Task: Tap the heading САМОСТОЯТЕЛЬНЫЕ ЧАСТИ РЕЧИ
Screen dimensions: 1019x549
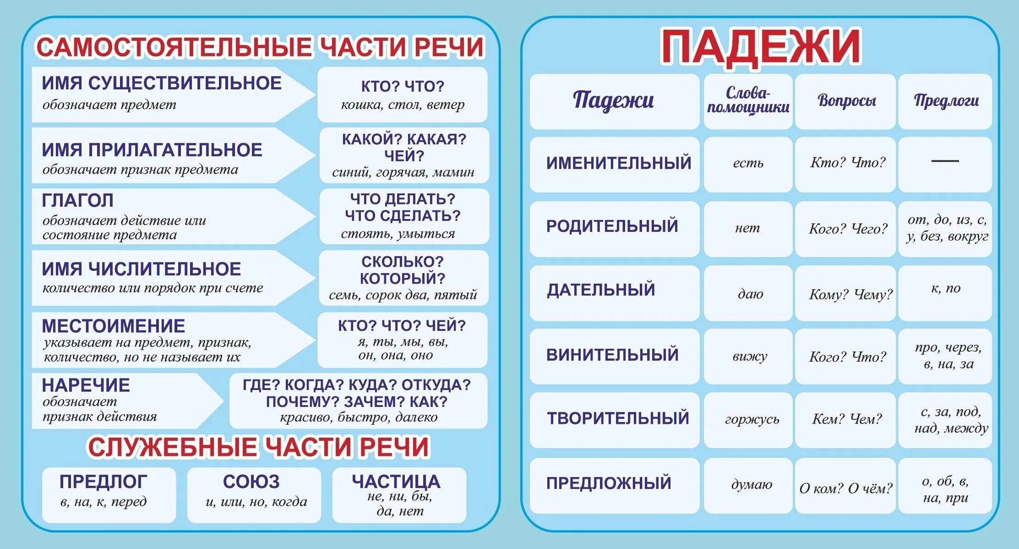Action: pyautogui.click(x=260, y=47)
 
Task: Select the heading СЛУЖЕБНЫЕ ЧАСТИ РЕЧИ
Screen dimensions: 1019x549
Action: pyautogui.click(x=259, y=447)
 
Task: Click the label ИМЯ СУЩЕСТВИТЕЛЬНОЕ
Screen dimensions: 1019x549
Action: pyautogui.click(x=162, y=83)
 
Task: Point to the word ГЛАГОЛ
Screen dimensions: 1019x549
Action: pyautogui.click(x=78, y=200)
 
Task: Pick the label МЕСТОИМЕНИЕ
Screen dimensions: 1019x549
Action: pyautogui.click(x=114, y=326)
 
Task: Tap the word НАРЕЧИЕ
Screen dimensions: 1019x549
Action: pyautogui.click(x=86, y=385)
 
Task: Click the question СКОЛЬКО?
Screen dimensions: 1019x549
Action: pyautogui.click(x=403, y=262)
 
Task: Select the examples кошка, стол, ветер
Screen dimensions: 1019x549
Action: pyautogui.click(x=403, y=105)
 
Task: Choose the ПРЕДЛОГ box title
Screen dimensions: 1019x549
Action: pyautogui.click(x=104, y=482)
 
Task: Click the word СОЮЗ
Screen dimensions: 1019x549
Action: pyautogui.click(x=251, y=482)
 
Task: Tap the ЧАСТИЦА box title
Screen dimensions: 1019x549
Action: pyautogui.click(x=396, y=481)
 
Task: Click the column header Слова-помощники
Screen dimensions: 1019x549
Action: pyautogui.click(x=748, y=100)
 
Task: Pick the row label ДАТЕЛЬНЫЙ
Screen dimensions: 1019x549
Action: pyautogui.click(x=601, y=290)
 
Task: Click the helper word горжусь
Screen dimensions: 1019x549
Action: pyautogui.click(x=752, y=419)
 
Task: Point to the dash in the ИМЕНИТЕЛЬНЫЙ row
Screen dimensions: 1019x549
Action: pyautogui.click(x=945, y=161)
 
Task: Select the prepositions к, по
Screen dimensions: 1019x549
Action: pyautogui.click(x=945, y=288)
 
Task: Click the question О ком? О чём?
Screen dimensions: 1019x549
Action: pyautogui.click(x=846, y=488)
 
